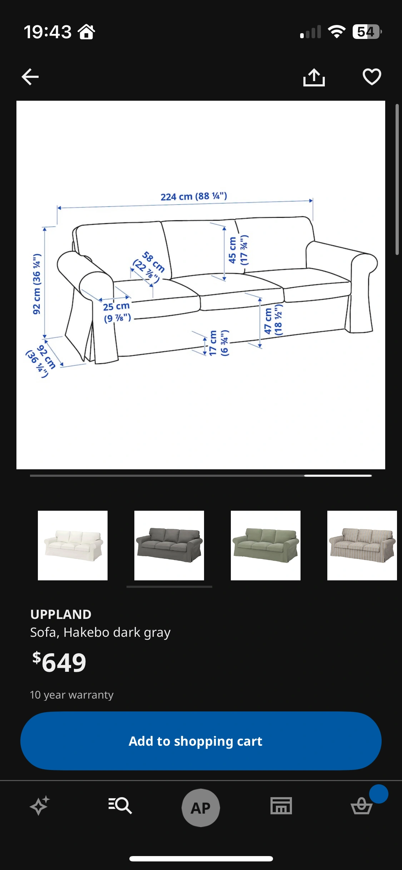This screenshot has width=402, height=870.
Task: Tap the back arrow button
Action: point(30,77)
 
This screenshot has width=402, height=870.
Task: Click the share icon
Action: point(314,77)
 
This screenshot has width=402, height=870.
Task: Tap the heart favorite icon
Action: point(372,77)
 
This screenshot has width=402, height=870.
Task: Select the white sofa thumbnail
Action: point(73,545)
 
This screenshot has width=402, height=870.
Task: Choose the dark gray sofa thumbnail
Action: point(169,545)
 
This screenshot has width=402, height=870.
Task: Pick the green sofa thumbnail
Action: point(265,545)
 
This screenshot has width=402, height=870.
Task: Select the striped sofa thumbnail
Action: point(362,545)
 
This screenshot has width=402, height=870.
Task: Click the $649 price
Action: point(59,662)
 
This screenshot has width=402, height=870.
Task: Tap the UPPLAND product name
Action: point(61,614)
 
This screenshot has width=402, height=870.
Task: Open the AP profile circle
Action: point(201,807)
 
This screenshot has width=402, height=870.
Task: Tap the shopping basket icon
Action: point(362,806)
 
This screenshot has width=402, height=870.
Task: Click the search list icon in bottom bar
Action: point(120,805)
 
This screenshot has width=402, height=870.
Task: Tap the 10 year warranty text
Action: point(72,695)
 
